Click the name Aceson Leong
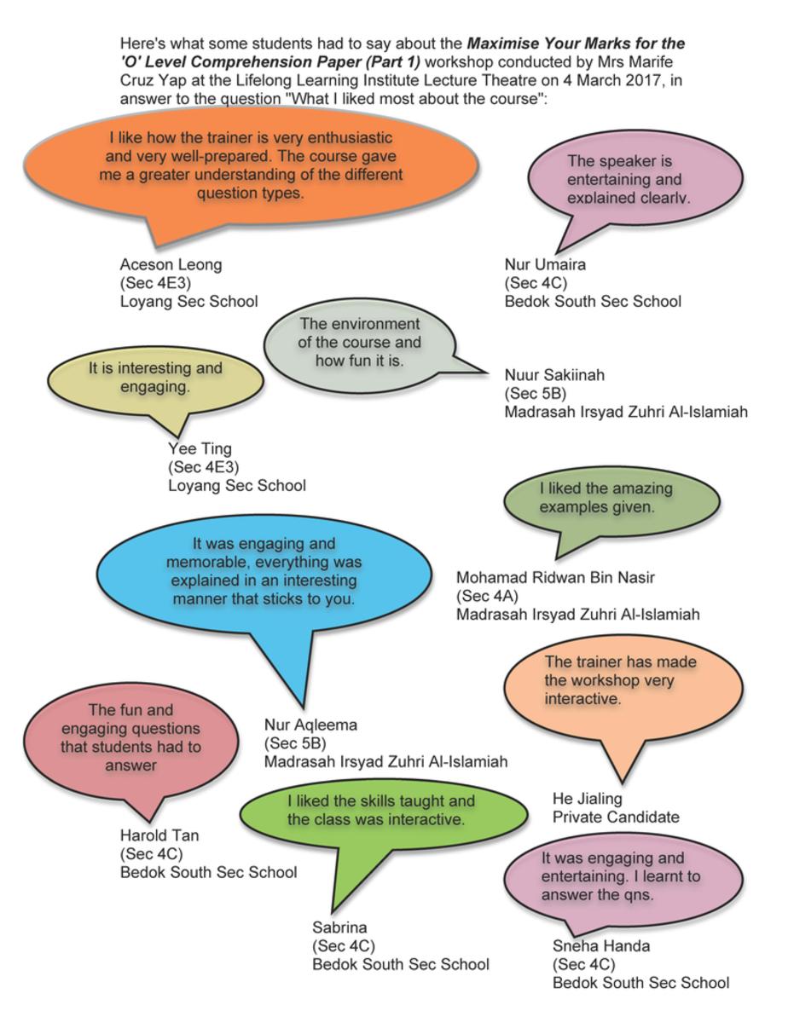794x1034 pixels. tap(171, 264)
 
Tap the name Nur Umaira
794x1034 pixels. tap(545, 264)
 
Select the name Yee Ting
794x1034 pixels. tap(200, 448)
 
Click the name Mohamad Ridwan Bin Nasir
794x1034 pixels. tap(555, 578)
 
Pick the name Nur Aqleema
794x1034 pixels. tap(310, 725)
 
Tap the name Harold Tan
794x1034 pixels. tap(159, 835)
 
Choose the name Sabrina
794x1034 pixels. tap(339, 927)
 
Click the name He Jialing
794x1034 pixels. tap(588, 799)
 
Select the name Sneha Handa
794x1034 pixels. tap(601, 946)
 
